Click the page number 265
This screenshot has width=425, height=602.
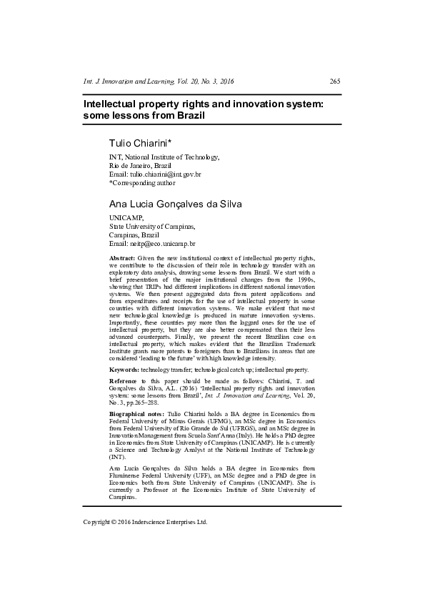[x=334, y=81]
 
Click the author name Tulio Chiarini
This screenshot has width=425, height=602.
[x=140, y=143]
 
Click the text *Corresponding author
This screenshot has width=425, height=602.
[x=142, y=182]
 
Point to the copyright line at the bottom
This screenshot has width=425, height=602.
[x=145, y=522]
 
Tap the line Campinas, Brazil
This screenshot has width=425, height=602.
[x=134, y=235]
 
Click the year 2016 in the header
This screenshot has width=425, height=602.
[x=225, y=81]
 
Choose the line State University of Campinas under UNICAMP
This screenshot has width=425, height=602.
[x=151, y=226]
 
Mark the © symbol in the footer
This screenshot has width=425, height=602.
[x=114, y=522]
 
